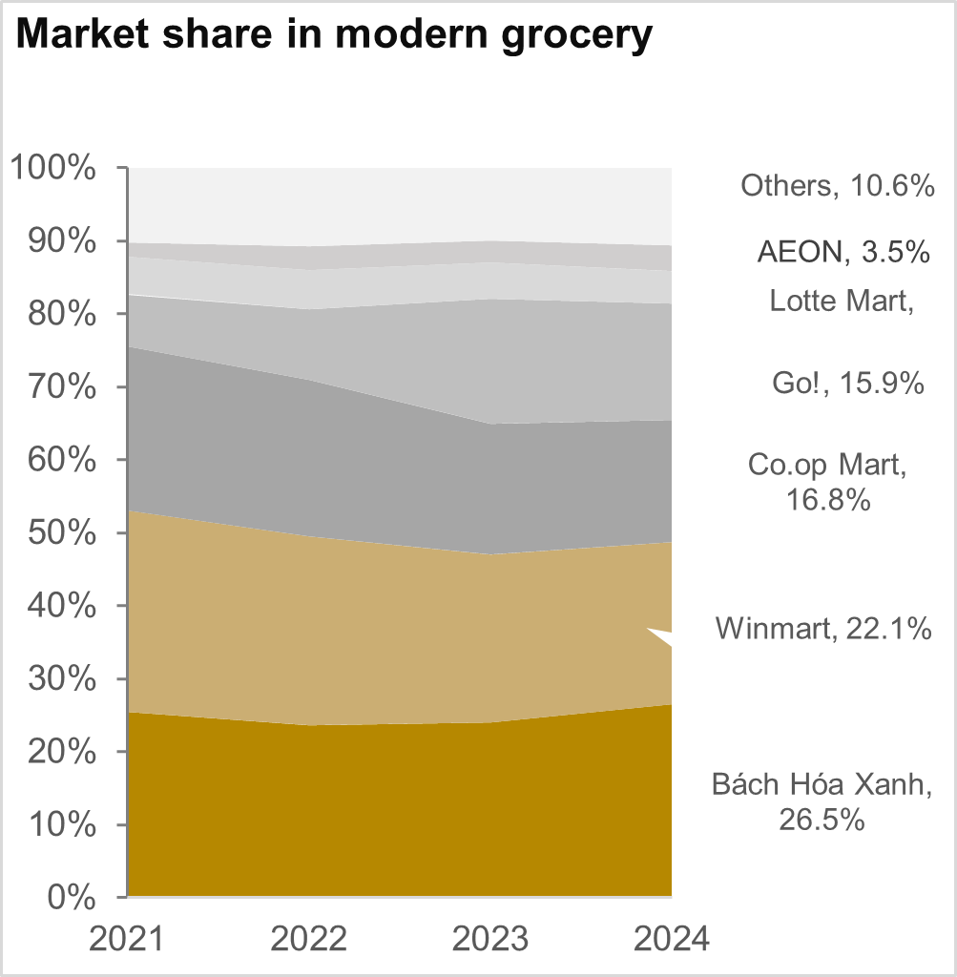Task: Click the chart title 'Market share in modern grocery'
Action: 334,35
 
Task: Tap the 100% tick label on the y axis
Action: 53,169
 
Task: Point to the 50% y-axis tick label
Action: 61,532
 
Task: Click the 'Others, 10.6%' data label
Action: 837,186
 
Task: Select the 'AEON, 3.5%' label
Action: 843,252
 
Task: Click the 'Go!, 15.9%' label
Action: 847,384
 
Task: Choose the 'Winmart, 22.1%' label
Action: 823,629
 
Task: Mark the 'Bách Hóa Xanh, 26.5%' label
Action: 821,801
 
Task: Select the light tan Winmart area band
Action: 382,620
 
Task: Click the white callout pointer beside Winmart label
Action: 662,637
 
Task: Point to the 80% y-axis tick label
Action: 61,314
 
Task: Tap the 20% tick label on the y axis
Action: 61,751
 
